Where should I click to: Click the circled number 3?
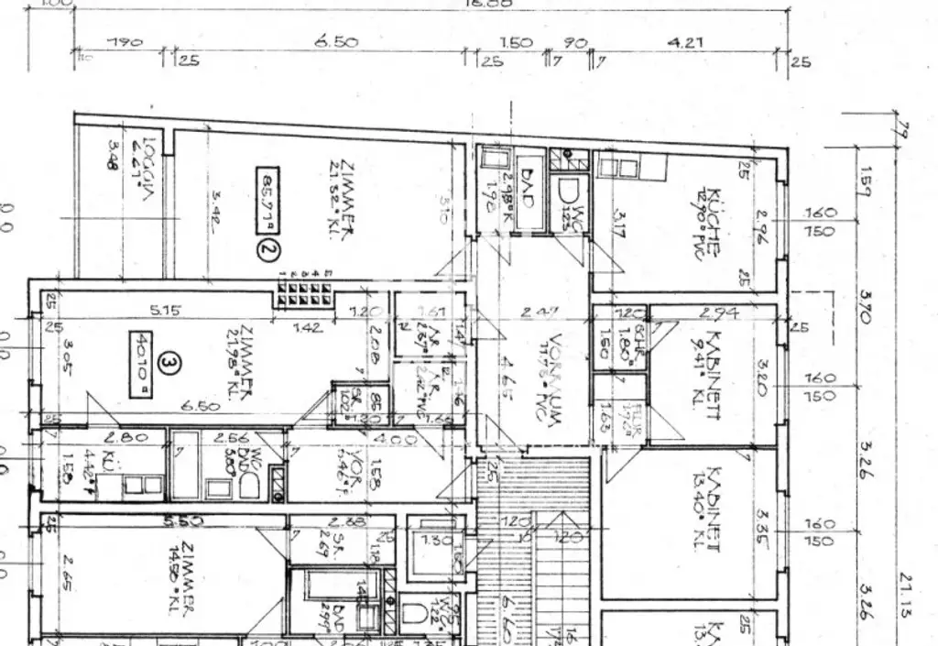(x=168, y=364)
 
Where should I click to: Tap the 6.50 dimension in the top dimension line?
(x=335, y=41)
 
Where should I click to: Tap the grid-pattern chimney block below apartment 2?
(x=307, y=290)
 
